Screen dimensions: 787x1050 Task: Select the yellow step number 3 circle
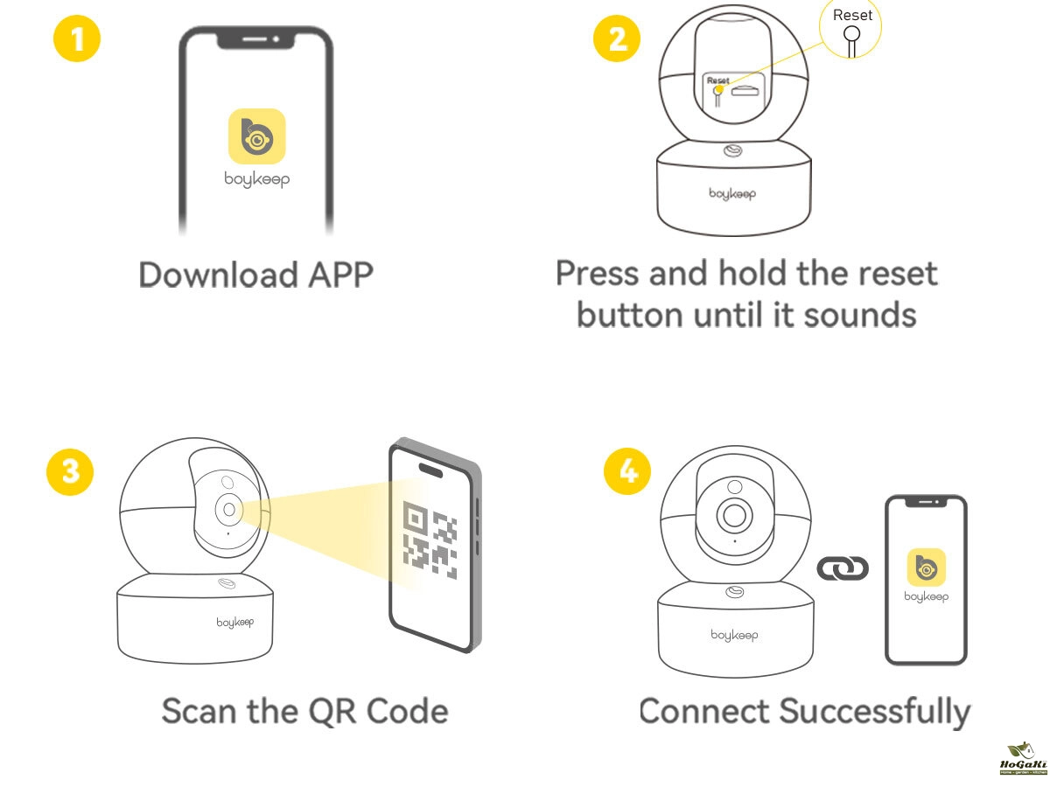tap(69, 470)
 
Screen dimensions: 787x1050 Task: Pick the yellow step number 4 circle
tap(627, 472)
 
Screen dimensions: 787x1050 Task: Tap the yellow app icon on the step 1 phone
tap(257, 136)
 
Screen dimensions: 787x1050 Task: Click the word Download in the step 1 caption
tap(206, 275)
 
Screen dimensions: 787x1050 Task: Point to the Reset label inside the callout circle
tap(852, 15)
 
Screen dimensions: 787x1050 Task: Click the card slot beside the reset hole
tap(745, 89)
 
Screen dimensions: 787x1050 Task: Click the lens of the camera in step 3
tap(229, 509)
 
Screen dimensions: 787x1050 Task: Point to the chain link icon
tap(843, 569)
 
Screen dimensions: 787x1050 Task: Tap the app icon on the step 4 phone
tap(927, 567)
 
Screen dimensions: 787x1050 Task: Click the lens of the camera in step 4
tap(733, 515)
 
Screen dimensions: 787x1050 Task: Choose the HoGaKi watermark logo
tap(1023, 758)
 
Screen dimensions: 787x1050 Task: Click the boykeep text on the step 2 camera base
tap(733, 192)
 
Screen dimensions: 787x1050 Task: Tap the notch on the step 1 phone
tap(256, 40)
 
